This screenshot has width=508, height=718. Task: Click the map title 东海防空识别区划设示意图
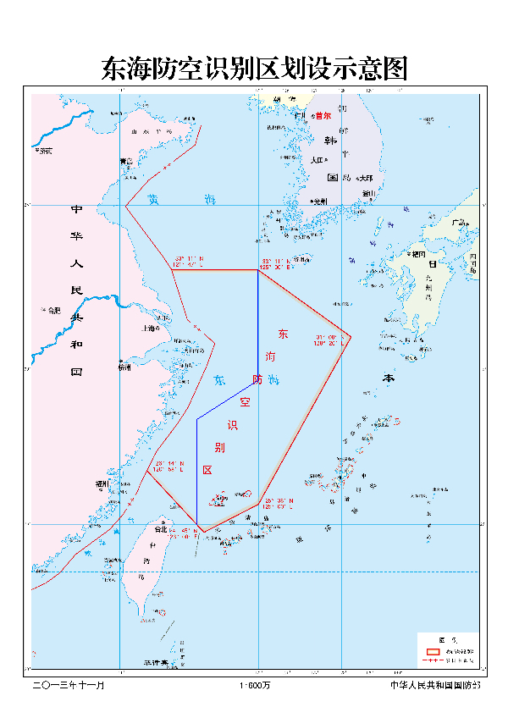pos(254,69)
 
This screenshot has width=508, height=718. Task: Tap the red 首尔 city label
pos(322,116)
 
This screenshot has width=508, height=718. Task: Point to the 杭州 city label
pos(125,367)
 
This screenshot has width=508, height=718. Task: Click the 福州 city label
pos(102,484)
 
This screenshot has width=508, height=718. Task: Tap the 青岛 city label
pos(126,161)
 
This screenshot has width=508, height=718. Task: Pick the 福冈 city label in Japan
pos(417,253)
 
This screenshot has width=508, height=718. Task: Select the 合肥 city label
pos(53,310)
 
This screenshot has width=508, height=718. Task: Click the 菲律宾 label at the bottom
pos(154,662)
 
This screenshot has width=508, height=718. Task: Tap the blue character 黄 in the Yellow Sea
pos(153,200)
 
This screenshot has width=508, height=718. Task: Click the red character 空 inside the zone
pos(246,401)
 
